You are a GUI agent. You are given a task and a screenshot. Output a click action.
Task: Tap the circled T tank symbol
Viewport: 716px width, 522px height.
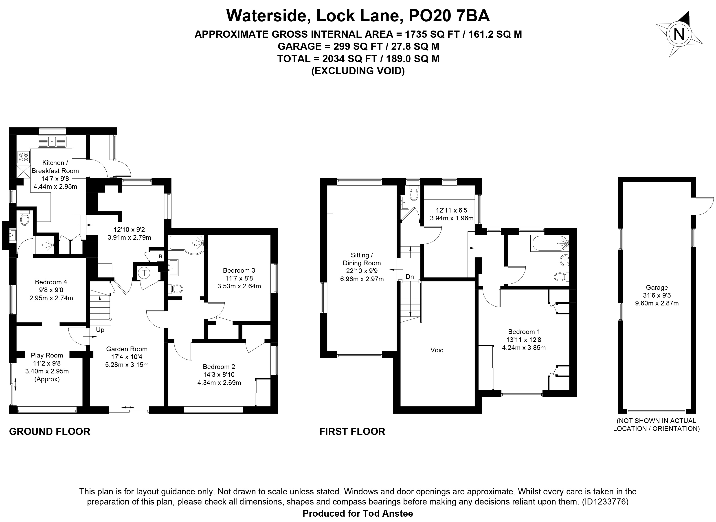coord(144,272)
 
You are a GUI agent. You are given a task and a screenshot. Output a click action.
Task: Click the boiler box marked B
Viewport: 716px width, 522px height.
coord(160,256)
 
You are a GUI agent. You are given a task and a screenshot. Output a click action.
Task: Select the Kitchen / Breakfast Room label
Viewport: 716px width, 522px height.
coord(55,167)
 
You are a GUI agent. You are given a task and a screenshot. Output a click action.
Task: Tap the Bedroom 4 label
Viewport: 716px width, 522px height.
coord(51,282)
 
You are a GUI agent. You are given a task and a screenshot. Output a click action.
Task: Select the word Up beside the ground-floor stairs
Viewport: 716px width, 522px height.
coord(100,330)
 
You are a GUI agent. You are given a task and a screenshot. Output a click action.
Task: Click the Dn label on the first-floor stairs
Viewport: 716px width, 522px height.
coord(410,277)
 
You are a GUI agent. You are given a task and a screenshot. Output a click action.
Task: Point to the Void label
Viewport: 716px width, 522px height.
coord(437,350)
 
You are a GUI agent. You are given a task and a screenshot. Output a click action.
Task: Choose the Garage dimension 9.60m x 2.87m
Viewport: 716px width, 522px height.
coord(657,303)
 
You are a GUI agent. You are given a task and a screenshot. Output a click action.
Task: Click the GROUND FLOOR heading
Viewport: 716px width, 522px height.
coord(50,431)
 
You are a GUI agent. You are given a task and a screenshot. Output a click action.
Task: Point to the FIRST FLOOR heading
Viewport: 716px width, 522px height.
coord(352,431)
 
